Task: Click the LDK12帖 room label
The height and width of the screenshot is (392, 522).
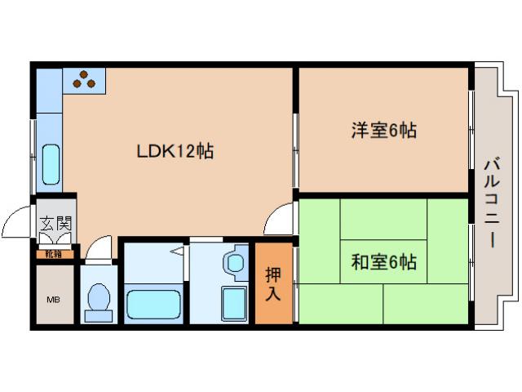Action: point(175,151)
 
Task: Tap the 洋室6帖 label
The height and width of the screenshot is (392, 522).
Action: point(383,130)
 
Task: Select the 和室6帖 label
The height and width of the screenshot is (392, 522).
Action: point(383,262)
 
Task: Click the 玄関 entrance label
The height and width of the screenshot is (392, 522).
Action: point(56,224)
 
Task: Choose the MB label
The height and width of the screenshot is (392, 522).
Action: point(53,300)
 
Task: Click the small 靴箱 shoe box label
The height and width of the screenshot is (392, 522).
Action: point(53,254)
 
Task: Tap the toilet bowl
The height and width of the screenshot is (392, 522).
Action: point(99,300)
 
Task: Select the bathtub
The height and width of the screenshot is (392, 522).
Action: point(155,305)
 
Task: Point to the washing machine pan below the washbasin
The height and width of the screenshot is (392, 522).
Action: point(234,304)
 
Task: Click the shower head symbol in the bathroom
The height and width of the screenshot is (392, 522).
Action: point(176,253)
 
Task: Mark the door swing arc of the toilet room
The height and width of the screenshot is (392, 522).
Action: point(98,246)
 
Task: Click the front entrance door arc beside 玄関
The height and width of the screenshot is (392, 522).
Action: point(18,221)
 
